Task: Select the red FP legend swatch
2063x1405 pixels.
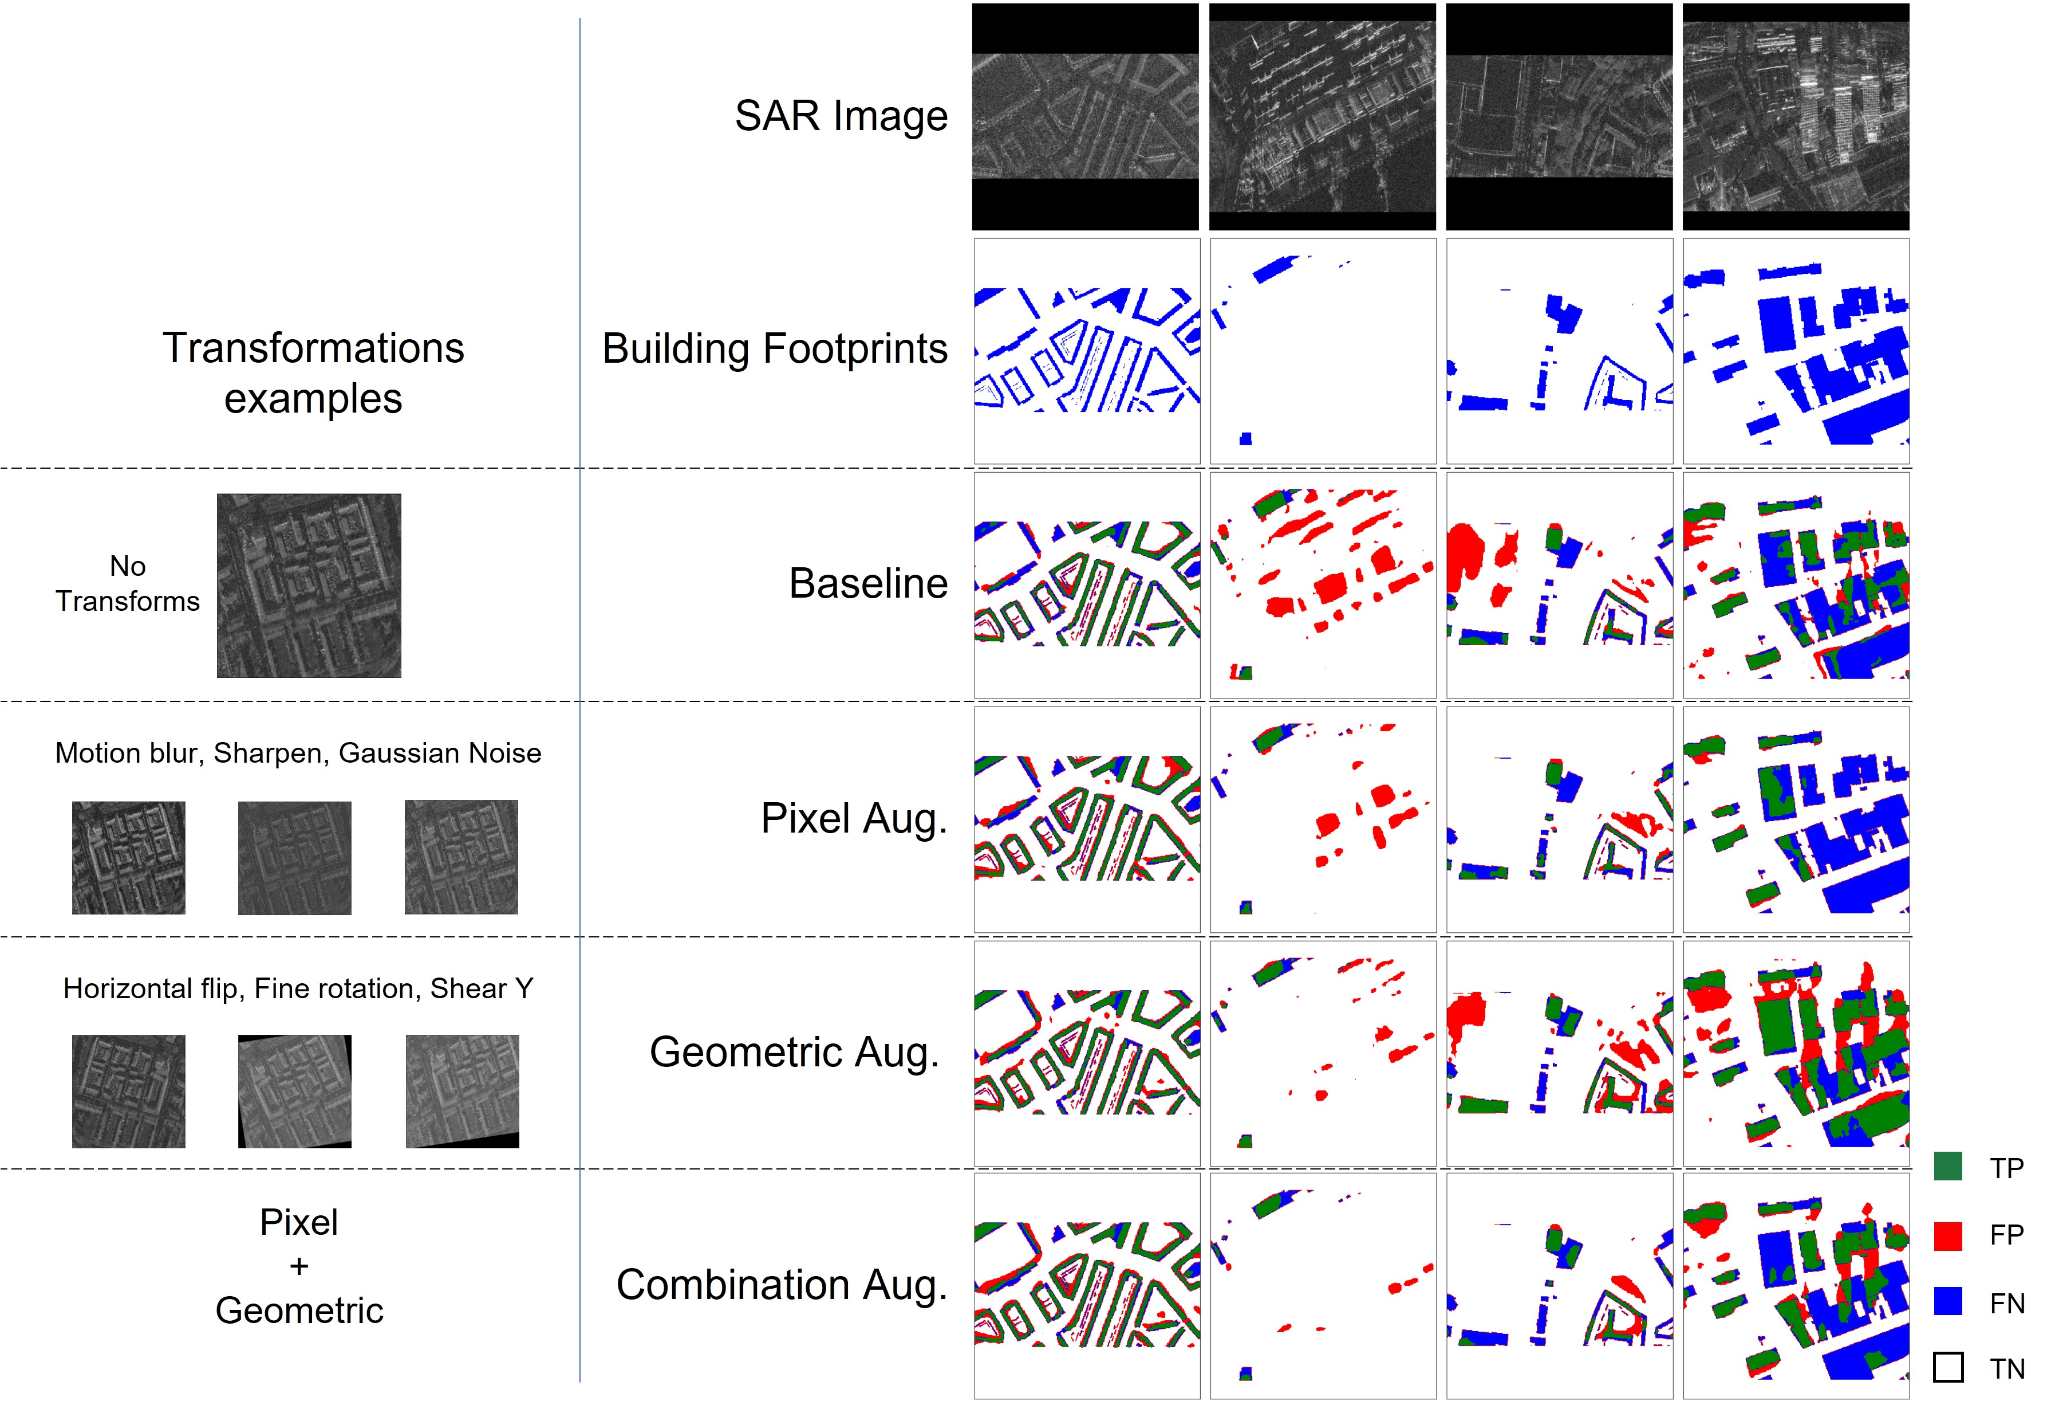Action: tap(1947, 1234)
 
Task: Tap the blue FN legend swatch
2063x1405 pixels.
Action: tap(1947, 1301)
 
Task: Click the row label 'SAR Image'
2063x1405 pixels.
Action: tap(841, 116)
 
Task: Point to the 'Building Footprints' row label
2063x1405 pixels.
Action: tap(774, 349)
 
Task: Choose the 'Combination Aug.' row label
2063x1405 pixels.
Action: tap(781, 1285)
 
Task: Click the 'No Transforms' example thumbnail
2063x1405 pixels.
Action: tap(309, 585)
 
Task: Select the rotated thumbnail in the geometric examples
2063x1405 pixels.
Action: tap(295, 1092)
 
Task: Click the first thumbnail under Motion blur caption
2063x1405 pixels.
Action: tap(129, 858)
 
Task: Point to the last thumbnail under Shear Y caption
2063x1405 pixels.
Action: tap(461, 1092)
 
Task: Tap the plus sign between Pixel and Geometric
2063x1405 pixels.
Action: tap(299, 1266)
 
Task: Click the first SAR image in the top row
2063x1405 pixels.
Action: tap(1085, 116)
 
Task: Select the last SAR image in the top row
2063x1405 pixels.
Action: tap(1795, 116)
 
